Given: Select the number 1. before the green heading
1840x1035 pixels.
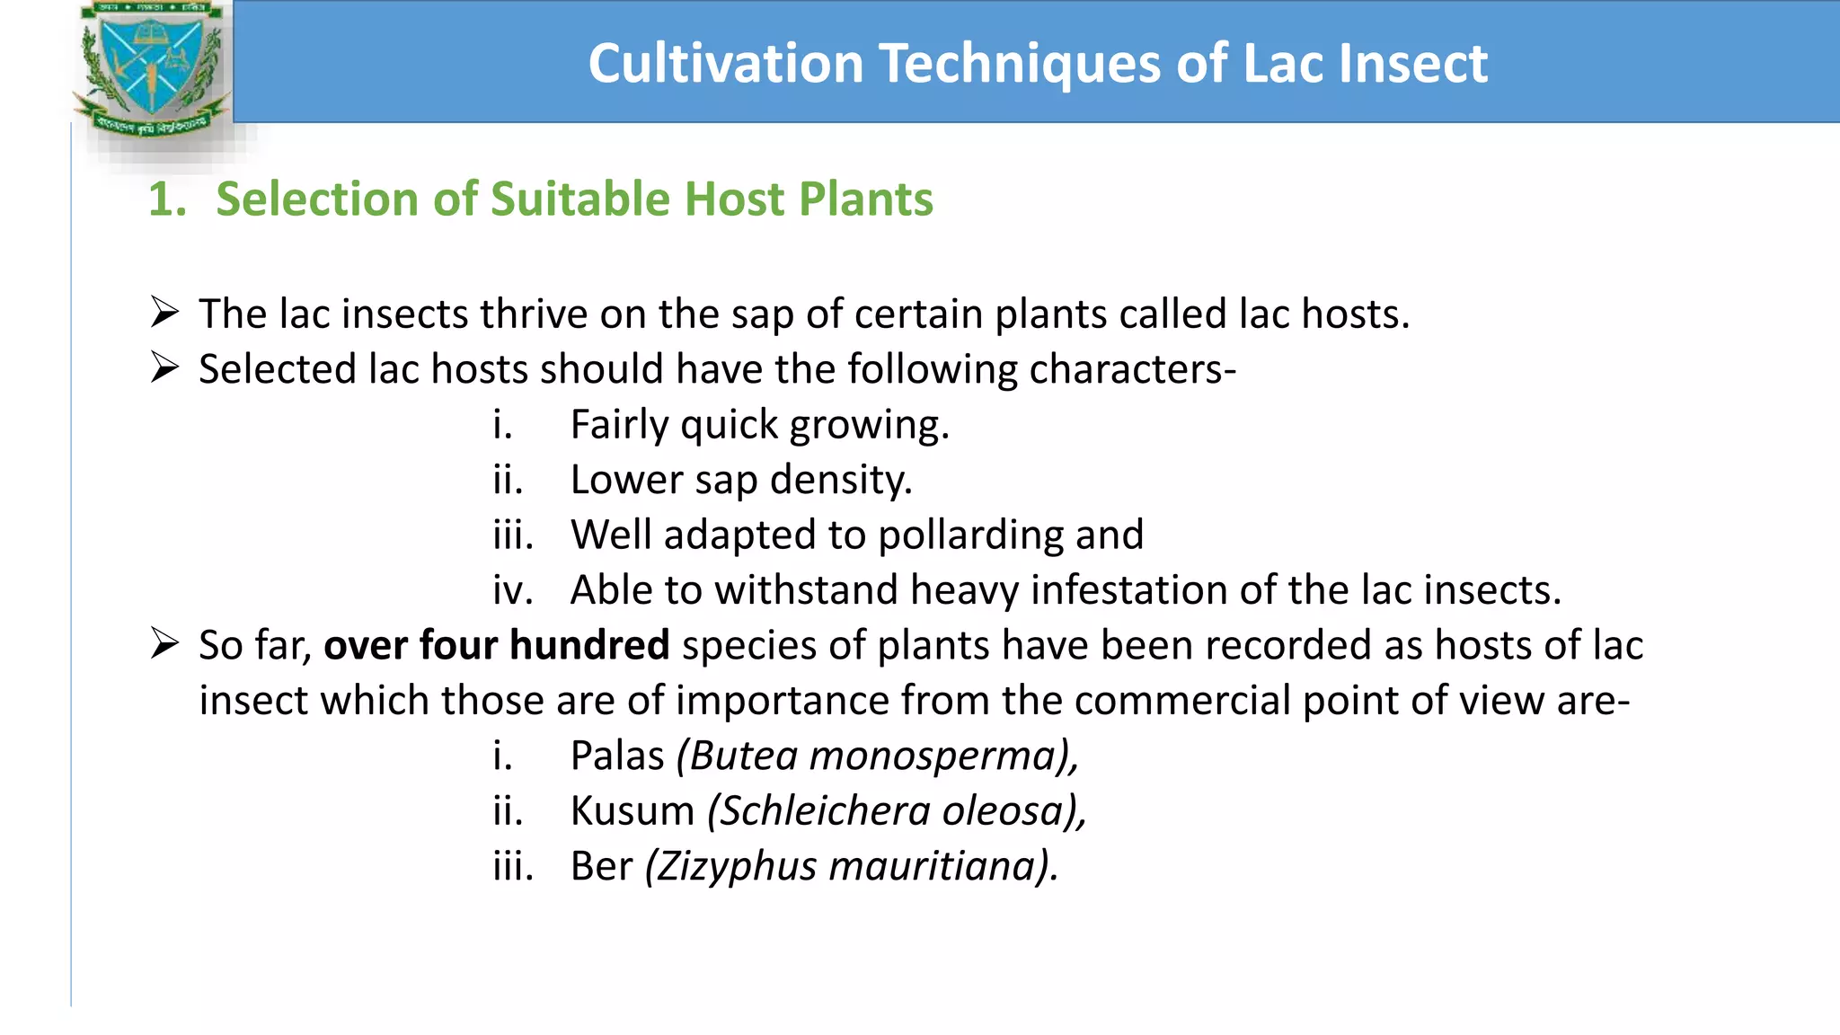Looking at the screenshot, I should pos(166,199).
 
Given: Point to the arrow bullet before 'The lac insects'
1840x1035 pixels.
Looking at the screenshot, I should pos(165,313).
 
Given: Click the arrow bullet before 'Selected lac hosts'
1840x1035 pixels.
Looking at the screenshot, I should pos(165,368).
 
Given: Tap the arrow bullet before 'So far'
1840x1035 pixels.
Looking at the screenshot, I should pos(165,644).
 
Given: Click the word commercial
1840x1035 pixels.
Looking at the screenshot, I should pos(1181,701).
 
